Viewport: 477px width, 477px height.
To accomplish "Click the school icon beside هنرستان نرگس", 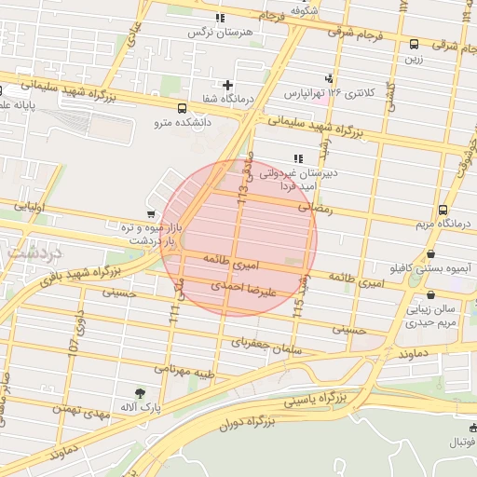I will tap(220, 18).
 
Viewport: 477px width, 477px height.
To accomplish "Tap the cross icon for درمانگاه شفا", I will tap(227, 85).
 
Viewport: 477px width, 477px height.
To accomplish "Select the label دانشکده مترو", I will tap(184, 122).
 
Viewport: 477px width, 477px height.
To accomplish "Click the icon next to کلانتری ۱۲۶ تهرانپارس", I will tap(328, 79).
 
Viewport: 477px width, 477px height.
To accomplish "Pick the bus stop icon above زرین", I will tap(414, 44).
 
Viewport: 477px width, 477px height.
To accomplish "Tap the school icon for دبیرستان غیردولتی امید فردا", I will tap(298, 158).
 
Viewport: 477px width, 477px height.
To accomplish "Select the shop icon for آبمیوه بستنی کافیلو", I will tap(430, 253).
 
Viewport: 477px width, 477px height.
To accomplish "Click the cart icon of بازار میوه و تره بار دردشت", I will tap(151, 214).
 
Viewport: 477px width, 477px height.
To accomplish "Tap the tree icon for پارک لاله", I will tap(140, 394).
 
